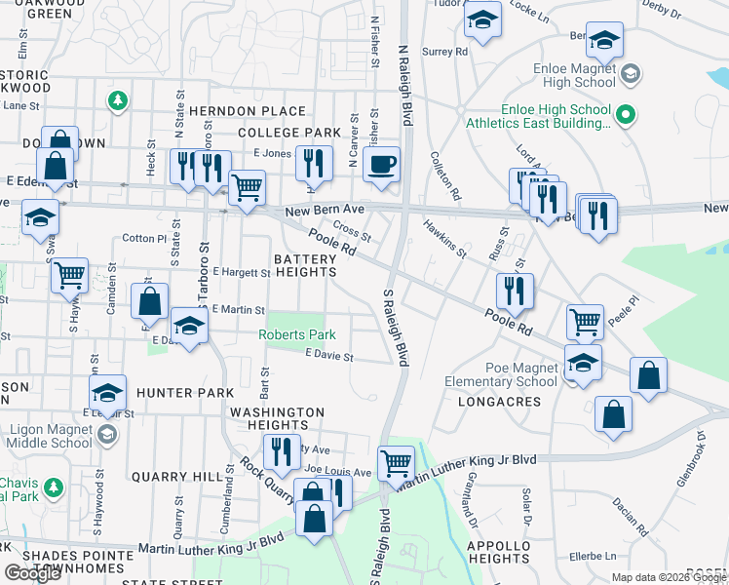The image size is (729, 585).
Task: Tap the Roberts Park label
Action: click(x=297, y=334)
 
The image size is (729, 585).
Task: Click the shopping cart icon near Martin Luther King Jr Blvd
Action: click(x=396, y=463)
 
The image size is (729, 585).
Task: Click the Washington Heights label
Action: click(x=278, y=418)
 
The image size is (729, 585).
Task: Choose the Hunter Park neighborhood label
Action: click(x=185, y=392)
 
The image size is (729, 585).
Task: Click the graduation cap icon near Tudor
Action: click(x=482, y=19)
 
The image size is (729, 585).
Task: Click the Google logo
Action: click(x=33, y=573)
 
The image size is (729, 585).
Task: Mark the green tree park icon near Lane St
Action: click(x=117, y=100)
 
